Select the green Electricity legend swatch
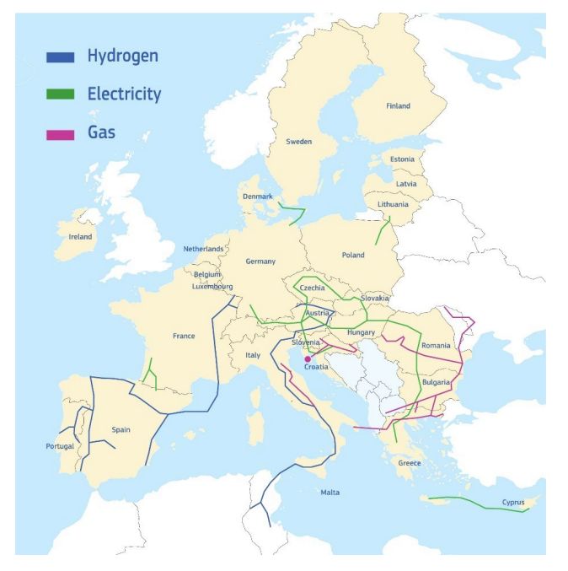[x=61, y=94]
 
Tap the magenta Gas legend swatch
[x=61, y=133]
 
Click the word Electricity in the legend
[x=124, y=94]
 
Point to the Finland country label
[x=398, y=106]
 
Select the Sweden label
[x=299, y=142]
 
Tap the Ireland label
[x=81, y=237]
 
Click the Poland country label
[x=353, y=255]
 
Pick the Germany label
[x=260, y=261]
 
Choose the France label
[x=184, y=336]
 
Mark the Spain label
[x=121, y=429]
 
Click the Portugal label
[x=60, y=445]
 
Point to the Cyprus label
[x=513, y=503]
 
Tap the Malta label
[x=330, y=493]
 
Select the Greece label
[x=410, y=463]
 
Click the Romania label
[x=437, y=346]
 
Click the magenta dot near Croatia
[x=307, y=359]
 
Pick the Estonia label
[x=403, y=159]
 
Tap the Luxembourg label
[x=212, y=286]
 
